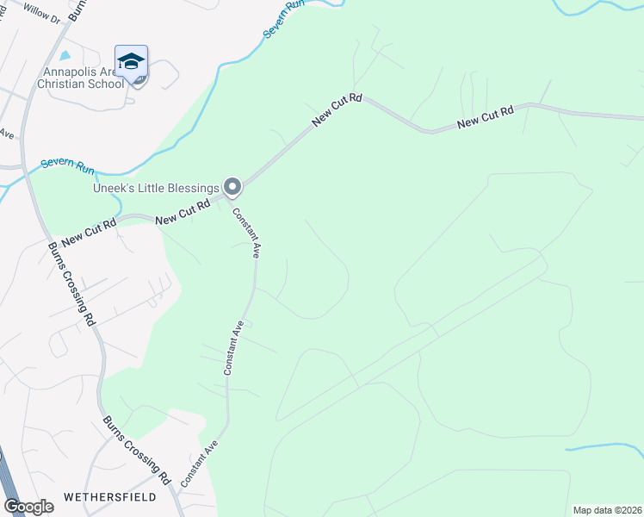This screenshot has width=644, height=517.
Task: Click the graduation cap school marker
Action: pyautogui.click(x=131, y=62)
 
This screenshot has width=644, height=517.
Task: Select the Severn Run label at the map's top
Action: pyautogui.click(x=284, y=18)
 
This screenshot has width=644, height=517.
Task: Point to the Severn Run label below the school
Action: pyautogui.click(x=68, y=165)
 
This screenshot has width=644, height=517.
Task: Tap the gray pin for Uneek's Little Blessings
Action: pyautogui.click(x=232, y=186)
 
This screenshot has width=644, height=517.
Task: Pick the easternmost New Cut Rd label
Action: pyautogui.click(x=485, y=118)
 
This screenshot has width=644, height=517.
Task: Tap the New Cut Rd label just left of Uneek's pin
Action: pyautogui.click(x=183, y=215)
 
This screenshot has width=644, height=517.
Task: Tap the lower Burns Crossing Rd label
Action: pyautogui.click(x=137, y=450)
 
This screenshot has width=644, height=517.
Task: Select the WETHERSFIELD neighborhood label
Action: pyautogui.click(x=110, y=497)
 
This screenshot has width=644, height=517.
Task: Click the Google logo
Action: pyautogui.click(x=28, y=507)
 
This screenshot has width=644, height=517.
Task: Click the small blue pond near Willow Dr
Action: pyautogui.click(x=66, y=56)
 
